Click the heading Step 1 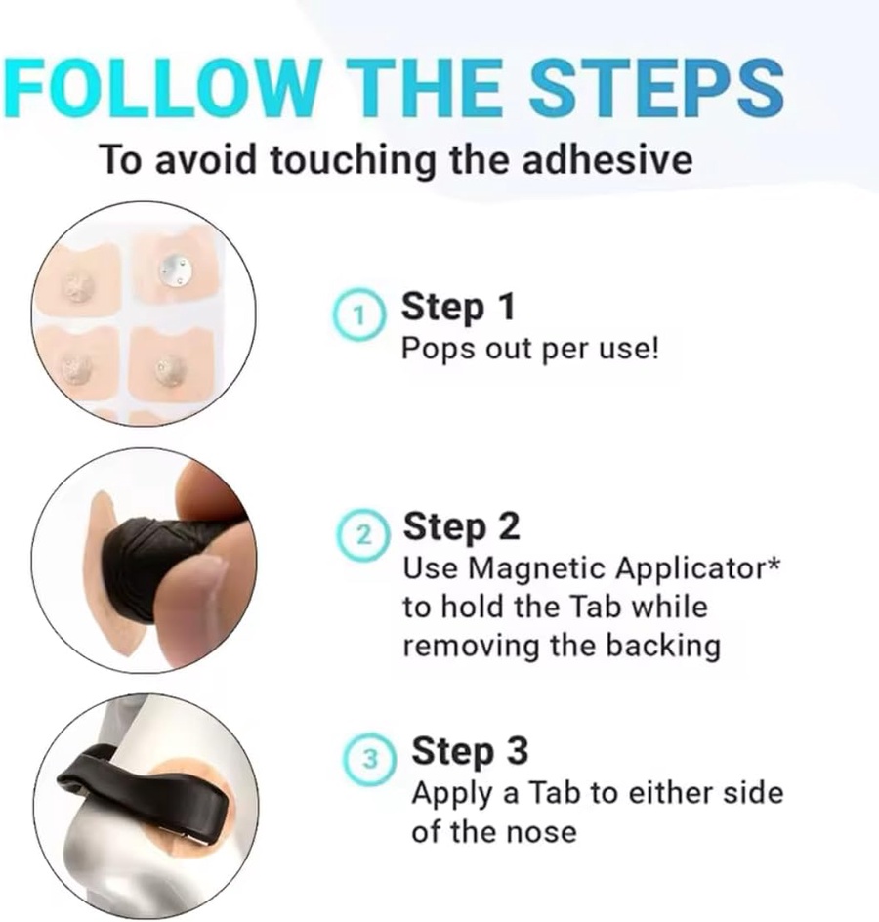pos(457,307)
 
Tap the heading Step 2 pos(461,526)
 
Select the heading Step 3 pos(469,751)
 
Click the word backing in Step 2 pos(663,647)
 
